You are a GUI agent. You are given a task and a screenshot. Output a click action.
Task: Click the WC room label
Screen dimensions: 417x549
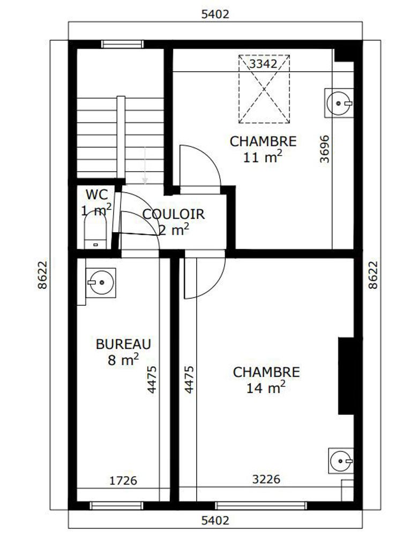click(x=96, y=194)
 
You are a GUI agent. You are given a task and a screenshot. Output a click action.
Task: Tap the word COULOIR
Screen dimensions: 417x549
click(x=174, y=214)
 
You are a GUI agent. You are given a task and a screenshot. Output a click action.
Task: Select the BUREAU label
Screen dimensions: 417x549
click(x=123, y=344)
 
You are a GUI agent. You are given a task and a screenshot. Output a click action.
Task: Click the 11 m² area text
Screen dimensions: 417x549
click(x=263, y=157)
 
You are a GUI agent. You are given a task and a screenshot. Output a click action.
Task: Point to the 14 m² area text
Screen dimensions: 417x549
click(x=266, y=388)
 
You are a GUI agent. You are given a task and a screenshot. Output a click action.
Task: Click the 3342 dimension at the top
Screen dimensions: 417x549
click(x=263, y=64)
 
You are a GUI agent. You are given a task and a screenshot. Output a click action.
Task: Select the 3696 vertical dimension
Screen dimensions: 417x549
click(x=325, y=149)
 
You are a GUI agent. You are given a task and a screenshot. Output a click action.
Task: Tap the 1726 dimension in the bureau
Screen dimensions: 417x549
click(x=123, y=480)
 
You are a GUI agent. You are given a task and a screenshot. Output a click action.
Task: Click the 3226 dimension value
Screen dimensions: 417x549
click(x=266, y=479)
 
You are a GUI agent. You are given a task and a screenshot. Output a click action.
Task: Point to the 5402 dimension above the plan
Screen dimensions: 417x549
click(x=215, y=14)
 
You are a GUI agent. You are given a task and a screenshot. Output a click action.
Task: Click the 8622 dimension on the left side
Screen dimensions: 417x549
click(x=42, y=275)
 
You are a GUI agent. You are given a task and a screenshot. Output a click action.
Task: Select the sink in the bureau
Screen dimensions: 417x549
click(x=100, y=283)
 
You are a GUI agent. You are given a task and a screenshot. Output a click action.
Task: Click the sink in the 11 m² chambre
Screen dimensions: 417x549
click(x=339, y=103)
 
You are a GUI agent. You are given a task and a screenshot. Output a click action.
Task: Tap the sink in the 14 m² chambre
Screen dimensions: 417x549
click(x=341, y=461)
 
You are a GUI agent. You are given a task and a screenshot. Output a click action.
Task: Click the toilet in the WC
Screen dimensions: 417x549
click(x=95, y=231)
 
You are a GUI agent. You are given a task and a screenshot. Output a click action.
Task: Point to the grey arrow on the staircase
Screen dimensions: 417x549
click(x=145, y=165)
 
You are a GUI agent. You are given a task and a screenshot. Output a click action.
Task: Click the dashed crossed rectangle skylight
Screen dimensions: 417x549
click(x=264, y=89)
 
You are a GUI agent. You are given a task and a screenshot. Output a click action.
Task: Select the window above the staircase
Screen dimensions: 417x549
click(x=123, y=44)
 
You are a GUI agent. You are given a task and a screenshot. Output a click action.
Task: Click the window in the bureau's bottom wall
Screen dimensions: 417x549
click(x=117, y=505)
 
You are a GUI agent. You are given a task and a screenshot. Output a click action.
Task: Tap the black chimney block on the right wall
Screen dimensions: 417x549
click(x=346, y=376)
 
